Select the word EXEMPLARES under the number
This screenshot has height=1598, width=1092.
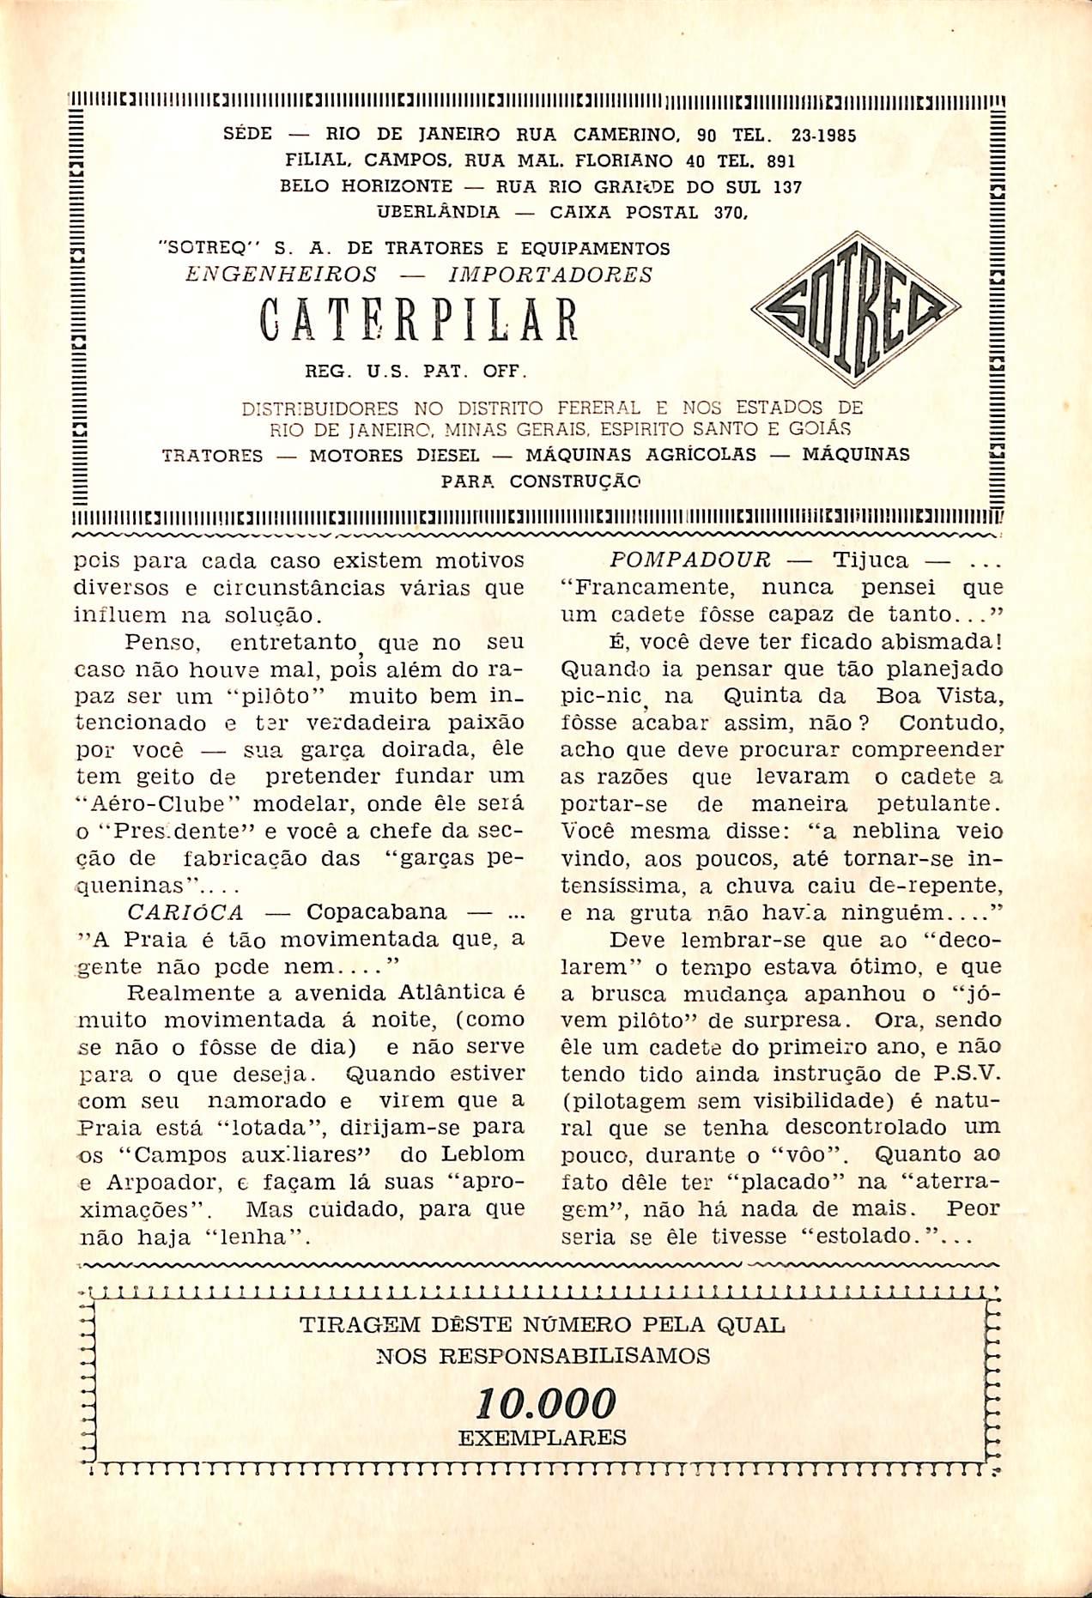[x=543, y=1438]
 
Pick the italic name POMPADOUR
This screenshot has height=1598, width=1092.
[x=689, y=560]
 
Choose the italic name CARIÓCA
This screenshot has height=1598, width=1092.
[x=185, y=911]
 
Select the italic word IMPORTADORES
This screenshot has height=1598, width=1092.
[x=550, y=275]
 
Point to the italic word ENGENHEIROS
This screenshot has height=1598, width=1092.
[x=282, y=275]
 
